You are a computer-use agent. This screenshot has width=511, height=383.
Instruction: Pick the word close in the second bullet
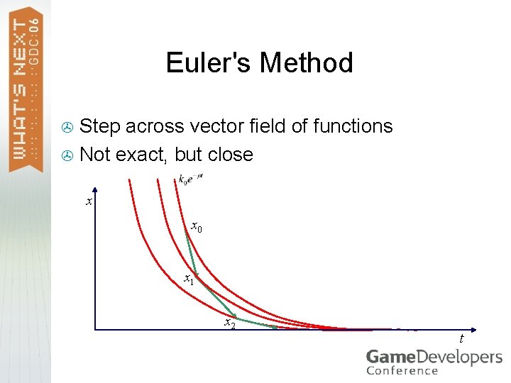point(229,155)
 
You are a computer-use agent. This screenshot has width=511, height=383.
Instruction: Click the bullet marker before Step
point(68,127)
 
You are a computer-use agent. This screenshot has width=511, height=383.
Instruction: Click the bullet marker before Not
point(68,155)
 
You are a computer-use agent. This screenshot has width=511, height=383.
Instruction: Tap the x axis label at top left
point(89,202)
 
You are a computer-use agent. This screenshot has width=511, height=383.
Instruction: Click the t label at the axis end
point(461,338)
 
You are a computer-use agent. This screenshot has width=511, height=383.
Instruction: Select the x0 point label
point(197,228)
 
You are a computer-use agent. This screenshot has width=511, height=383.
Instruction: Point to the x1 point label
point(189,279)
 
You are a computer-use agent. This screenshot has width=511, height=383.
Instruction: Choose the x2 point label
point(229,323)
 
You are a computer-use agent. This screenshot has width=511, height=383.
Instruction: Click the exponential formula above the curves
point(191,179)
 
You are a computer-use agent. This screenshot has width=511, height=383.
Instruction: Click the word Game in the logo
point(390,357)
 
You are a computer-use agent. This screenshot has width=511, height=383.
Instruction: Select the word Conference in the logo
point(402,371)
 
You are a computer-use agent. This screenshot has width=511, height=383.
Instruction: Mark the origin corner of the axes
point(96,329)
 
